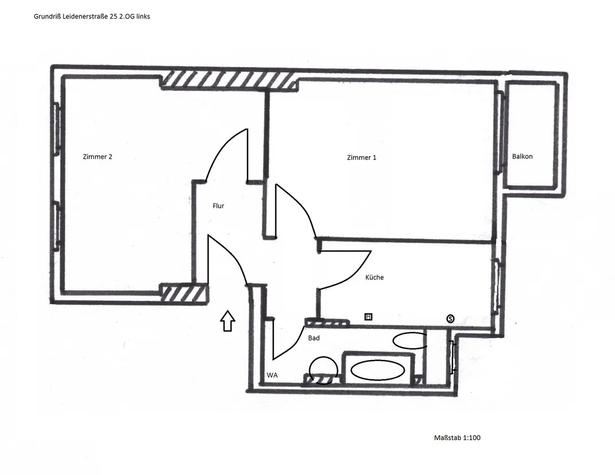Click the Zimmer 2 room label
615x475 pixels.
click(x=97, y=157)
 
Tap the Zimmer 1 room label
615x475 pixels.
click(x=362, y=157)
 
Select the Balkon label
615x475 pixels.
click(x=522, y=156)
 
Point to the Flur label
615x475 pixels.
click(x=219, y=206)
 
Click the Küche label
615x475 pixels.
click(x=374, y=277)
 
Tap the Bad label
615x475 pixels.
click(x=314, y=338)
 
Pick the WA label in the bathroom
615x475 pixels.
click(x=272, y=375)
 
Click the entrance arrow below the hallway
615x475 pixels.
click(x=227, y=321)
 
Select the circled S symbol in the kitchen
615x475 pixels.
click(x=450, y=319)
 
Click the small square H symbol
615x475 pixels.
click(x=368, y=316)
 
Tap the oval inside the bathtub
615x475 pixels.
click(x=377, y=370)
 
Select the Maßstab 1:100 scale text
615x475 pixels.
click(x=458, y=438)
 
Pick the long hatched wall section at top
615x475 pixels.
click(x=229, y=80)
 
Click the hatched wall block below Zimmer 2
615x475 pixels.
click(x=184, y=293)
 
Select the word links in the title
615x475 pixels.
click(x=143, y=17)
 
